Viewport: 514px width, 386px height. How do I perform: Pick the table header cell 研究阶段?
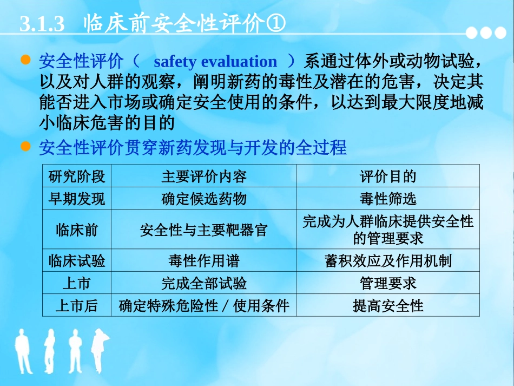coord(77,176)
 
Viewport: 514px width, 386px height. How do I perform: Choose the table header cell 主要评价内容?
coord(203,176)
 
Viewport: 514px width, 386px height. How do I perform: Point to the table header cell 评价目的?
coord(388,176)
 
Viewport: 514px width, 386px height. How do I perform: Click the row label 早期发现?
coord(77,199)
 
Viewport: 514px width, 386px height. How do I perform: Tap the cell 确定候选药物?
coord(203,199)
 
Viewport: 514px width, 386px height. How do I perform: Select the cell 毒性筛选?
coord(388,199)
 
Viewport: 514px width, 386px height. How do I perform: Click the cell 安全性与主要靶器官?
coord(203,230)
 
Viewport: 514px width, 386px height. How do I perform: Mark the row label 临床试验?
coord(77,261)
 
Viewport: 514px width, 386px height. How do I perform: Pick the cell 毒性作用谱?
coord(203,261)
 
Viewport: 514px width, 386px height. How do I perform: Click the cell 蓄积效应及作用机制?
coord(388,261)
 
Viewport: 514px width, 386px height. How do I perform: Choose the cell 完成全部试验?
coord(203,283)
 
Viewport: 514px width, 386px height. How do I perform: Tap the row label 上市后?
coord(77,306)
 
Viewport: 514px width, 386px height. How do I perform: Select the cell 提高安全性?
coord(388,306)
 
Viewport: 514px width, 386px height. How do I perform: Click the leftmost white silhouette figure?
coord(23,351)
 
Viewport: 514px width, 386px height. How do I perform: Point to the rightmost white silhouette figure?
coord(98,351)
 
